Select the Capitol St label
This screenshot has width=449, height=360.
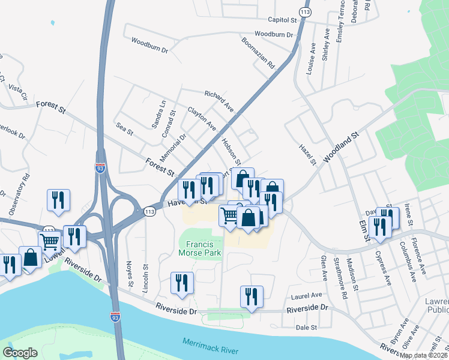pyautogui.click(x=279, y=19)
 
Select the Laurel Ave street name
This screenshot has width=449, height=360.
pyautogui.click(x=306, y=295)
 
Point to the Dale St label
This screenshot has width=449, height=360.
pyautogui.click(x=306, y=327)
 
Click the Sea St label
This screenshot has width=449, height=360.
pyautogui.click(x=125, y=128)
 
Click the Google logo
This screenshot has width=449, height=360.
pyautogui.click(x=20, y=353)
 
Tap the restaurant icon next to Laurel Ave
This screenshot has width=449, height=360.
pyautogui.click(x=252, y=296)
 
